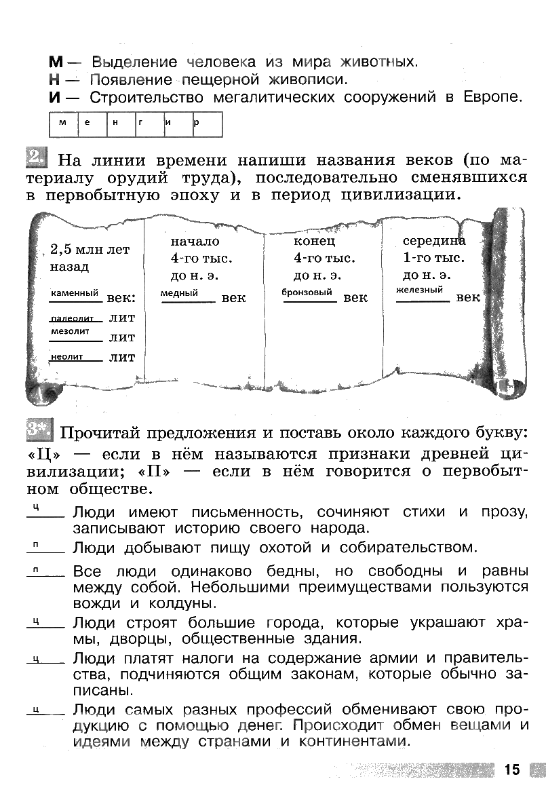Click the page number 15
[511, 769]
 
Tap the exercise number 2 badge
[36, 159]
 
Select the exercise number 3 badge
[40, 430]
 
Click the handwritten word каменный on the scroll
[75, 292]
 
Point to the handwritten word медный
[179, 293]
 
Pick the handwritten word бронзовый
[307, 292]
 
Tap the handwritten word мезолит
[70, 331]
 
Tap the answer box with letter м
[62, 123]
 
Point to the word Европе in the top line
[494, 97]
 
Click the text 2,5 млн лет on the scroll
[90, 250]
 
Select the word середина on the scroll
[434, 241]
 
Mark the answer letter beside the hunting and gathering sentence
[35, 544]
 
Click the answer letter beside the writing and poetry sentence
[35, 508]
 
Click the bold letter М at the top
[56, 62]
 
